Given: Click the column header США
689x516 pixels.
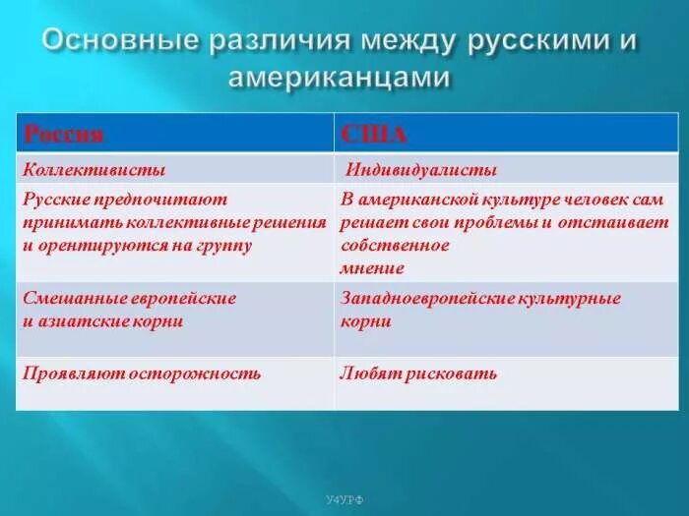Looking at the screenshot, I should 374,134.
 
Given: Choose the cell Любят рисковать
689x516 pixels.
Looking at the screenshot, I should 418,373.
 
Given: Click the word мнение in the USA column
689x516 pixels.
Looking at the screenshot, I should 372,267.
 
